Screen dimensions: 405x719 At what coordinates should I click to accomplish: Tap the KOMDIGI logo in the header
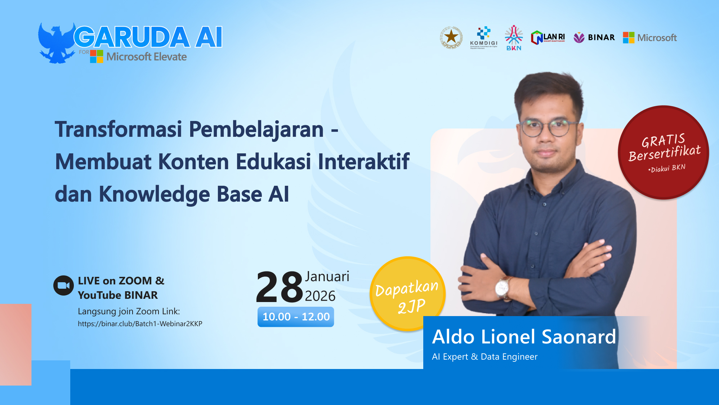click(x=483, y=37)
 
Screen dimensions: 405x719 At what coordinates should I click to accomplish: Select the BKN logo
click(x=514, y=38)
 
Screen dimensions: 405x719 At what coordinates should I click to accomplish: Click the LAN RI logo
click(x=548, y=37)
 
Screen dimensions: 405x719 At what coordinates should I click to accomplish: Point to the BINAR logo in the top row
click(x=594, y=37)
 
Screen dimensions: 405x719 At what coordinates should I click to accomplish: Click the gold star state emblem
click(x=451, y=37)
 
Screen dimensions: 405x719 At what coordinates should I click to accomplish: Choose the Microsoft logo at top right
click(x=650, y=37)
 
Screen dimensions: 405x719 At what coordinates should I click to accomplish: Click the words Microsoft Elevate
click(x=146, y=57)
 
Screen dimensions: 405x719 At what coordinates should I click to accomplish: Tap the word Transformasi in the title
click(x=119, y=129)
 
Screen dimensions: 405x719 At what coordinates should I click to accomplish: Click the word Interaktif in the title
click(x=363, y=162)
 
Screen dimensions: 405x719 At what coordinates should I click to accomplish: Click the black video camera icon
click(x=63, y=285)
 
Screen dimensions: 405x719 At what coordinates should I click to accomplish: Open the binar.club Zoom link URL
click(x=140, y=324)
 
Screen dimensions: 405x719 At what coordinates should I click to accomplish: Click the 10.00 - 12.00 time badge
click(x=296, y=317)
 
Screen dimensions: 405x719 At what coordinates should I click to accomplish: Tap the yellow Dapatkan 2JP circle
click(x=407, y=293)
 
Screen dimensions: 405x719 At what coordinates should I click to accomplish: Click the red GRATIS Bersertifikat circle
click(x=664, y=153)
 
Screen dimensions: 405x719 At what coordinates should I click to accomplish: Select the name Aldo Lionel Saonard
click(x=524, y=337)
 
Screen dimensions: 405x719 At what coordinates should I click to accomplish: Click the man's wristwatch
click(x=503, y=288)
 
